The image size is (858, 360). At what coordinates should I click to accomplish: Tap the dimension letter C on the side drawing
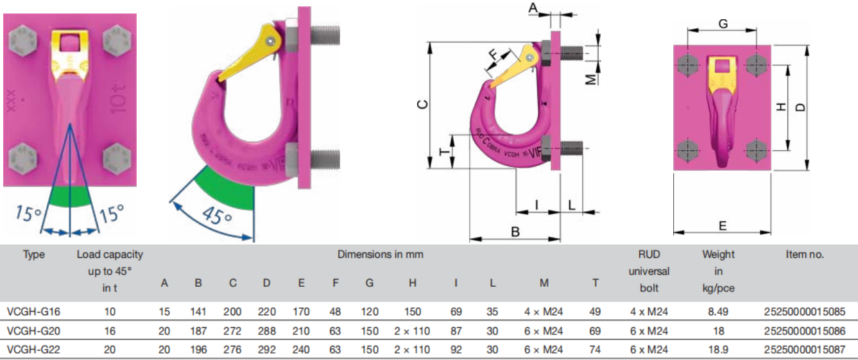422,104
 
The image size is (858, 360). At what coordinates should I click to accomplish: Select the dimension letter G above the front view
723,24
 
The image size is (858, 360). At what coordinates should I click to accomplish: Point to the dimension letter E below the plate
723,226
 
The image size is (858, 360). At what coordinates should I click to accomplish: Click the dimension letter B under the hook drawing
515,232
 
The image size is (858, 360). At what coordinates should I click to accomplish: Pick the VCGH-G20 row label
33,330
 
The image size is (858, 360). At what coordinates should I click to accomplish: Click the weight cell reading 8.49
718,311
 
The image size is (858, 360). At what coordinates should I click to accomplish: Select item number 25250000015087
804,349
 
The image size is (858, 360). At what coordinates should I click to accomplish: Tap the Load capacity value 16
110,330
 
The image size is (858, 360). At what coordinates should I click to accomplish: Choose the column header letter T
595,282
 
